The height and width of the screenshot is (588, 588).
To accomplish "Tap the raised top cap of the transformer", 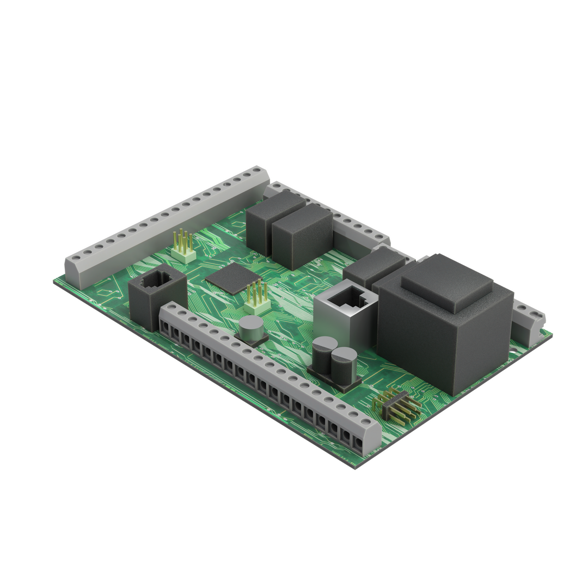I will pyautogui.click(x=448, y=283).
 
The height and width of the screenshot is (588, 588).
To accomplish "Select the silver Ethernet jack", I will pyautogui.click(x=346, y=313).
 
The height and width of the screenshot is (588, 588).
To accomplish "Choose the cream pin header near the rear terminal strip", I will pyautogui.click(x=183, y=248).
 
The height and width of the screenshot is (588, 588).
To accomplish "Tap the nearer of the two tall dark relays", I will pyautogui.click(x=302, y=237).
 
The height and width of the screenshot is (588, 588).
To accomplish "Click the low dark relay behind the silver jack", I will pyautogui.click(x=373, y=267).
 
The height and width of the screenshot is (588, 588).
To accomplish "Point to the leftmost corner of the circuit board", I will pyautogui.click(x=54, y=281).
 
